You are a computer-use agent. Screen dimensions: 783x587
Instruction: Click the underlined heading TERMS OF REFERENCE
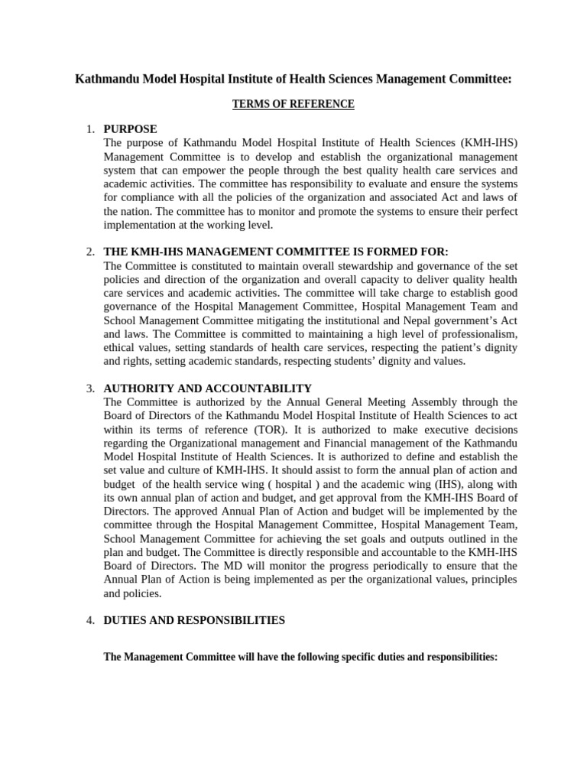pyautogui.click(x=293, y=104)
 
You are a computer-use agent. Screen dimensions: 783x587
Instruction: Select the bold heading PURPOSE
pyautogui.click(x=130, y=129)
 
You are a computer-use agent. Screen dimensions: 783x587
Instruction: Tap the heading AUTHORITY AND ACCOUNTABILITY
pyautogui.click(x=207, y=388)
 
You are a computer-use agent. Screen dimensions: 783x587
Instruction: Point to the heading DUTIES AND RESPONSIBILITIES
pyautogui.click(x=194, y=620)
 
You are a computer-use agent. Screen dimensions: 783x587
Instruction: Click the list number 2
pyautogui.click(x=90, y=252)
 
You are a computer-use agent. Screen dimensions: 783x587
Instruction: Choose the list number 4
pyautogui.click(x=90, y=620)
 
